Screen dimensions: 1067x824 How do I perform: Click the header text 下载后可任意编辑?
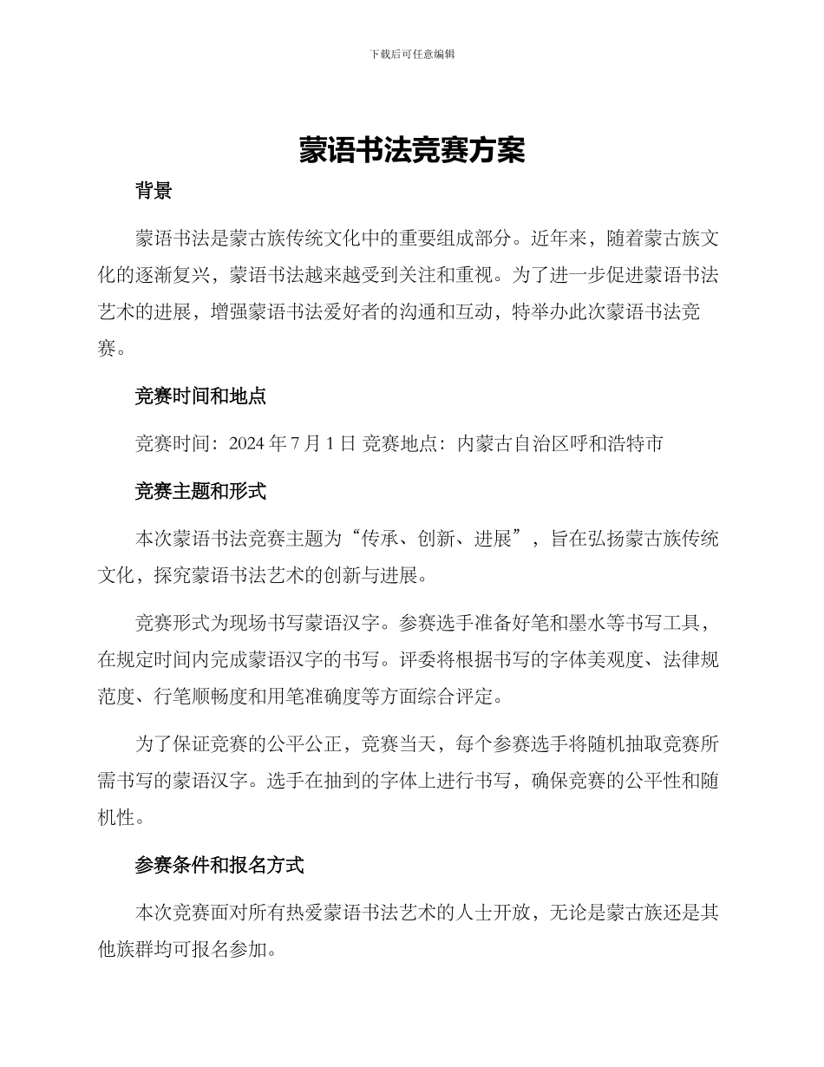click(x=412, y=54)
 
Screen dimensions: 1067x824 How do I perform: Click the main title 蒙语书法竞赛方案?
click(x=412, y=151)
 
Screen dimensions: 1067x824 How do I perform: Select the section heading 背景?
click(x=153, y=191)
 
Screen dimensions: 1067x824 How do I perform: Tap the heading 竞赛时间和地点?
click(x=199, y=396)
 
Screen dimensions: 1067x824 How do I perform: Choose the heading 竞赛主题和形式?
click(x=199, y=491)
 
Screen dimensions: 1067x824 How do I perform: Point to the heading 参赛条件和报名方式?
click(x=219, y=865)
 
